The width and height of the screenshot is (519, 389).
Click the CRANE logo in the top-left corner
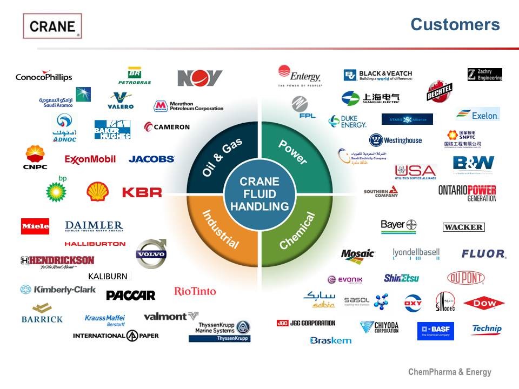[x=52, y=26]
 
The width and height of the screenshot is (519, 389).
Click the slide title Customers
[x=455, y=24]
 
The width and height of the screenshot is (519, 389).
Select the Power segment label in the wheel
[x=292, y=152]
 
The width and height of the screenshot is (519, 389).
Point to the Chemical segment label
[x=297, y=231]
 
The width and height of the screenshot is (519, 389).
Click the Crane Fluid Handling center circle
[x=259, y=194]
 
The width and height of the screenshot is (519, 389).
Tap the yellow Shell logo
[x=98, y=191]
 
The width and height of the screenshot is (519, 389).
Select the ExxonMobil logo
[x=90, y=159]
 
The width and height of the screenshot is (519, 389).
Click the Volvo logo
[x=151, y=254]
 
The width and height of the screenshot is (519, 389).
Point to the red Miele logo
[x=35, y=226]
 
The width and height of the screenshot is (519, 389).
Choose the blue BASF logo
[x=435, y=331]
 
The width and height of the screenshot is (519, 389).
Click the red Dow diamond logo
[x=483, y=303]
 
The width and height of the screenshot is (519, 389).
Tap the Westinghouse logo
[x=395, y=140]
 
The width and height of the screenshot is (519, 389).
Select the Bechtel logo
[x=436, y=91]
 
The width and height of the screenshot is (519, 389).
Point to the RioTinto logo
[x=195, y=291]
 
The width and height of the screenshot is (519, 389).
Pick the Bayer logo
[x=398, y=226]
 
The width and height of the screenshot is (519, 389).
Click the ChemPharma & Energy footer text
[x=449, y=372]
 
